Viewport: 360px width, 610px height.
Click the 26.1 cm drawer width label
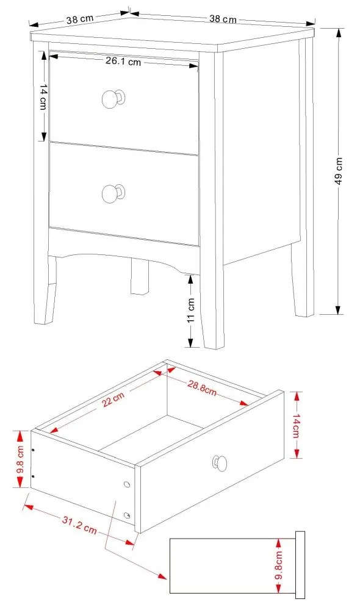pos(123,61)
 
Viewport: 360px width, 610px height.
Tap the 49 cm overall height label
pos(339,171)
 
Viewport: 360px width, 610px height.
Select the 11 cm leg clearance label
pos(190,310)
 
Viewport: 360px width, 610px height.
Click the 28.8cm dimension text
pos(201,386)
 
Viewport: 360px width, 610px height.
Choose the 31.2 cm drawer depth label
pos(79,524)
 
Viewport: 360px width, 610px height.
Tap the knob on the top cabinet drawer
pos(112,99)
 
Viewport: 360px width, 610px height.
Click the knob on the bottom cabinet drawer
pos(112,193)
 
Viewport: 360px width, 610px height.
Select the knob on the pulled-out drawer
pos(219,464)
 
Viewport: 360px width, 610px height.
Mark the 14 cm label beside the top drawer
pos(43,96)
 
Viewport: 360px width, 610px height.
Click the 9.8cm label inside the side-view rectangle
pos(278,565)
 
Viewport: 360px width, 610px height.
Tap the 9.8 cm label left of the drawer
pos(20,459)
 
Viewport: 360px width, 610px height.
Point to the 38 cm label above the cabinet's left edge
pos(79,19)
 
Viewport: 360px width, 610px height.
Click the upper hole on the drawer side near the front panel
pos(127,484)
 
